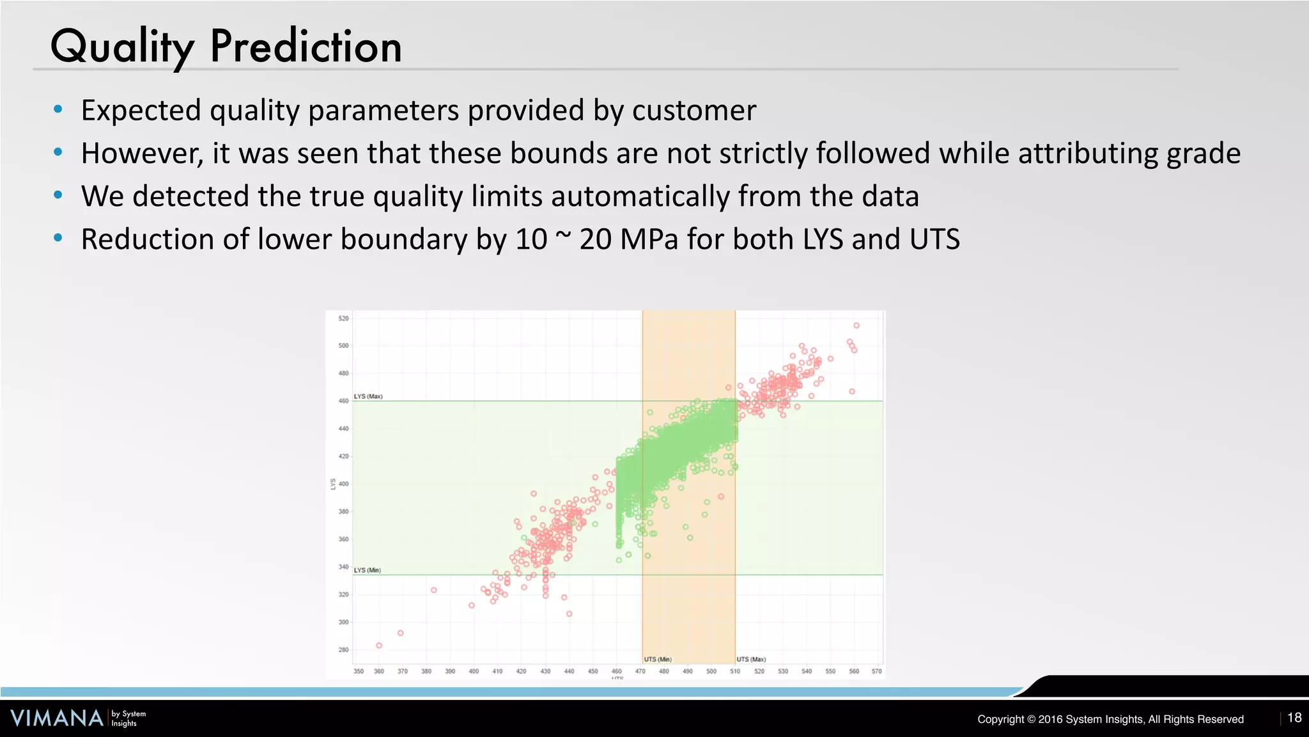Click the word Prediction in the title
(306, 47)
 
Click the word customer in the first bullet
(694, 110)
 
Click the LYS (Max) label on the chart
(368, 397)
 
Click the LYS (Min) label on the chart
(368, 570)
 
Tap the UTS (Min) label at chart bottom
(658, 659)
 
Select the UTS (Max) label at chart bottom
(751, 659)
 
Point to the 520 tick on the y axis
(344, 318)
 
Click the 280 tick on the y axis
(344, 650)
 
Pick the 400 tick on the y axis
(344, 484)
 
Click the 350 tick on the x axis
(359, 671)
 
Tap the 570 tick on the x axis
(876, 671)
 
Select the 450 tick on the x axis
(593, 671)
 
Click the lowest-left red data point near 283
(379, 646)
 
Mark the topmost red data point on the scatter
(856, 326)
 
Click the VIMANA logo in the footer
(58, 718)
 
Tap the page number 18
(1294, 718)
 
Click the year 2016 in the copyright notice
(1050, 719)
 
